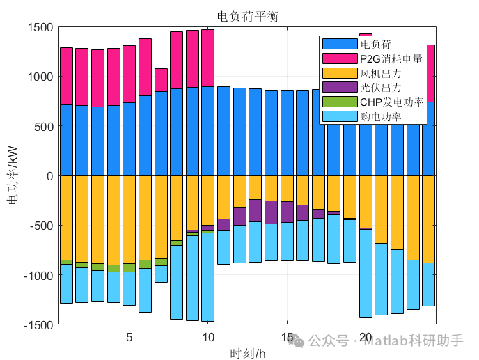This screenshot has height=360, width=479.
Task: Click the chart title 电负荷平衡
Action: point(247,17)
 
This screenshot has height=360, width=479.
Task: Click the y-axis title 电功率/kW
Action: point(13,175)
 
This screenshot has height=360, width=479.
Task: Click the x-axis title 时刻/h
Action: point(247,353)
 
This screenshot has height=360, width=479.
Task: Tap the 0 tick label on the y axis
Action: point(49,176)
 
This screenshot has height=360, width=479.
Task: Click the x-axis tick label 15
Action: point(287,338)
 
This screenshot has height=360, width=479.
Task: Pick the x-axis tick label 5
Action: point(129,338)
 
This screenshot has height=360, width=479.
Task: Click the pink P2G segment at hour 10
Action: point(207,58)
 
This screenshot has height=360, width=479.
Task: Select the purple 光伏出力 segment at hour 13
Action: point(255,210)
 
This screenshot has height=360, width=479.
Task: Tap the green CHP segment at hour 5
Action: point(129,267)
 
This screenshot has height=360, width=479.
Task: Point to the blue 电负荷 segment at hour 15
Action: point(287,132)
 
